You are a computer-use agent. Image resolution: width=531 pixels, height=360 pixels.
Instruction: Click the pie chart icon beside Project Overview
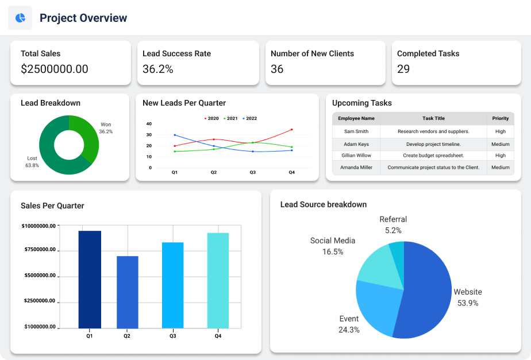(x=20, y=18)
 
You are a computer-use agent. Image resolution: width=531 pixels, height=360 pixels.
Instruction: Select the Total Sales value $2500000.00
(x=55, y=69)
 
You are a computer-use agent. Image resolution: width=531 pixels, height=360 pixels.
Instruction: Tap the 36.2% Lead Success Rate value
(x=158, y=69)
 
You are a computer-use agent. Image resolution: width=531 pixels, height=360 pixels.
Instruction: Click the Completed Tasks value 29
(x=403, y=69)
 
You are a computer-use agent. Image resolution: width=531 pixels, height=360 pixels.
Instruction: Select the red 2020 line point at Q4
(x=292, y=129)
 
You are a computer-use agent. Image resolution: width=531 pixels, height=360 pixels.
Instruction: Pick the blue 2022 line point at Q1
(x=175, y=135)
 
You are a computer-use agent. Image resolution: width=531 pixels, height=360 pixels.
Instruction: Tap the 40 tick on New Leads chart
(x=149, y=123)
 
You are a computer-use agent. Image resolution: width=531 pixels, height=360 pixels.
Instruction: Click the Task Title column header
(x=433, y=118)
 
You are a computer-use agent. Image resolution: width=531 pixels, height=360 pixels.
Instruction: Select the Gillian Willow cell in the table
(x=356, y=156)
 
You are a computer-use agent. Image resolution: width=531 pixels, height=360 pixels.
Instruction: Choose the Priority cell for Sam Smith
(x=500, y=131)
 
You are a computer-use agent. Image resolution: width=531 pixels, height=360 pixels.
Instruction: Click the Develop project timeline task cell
(x=433, y=144)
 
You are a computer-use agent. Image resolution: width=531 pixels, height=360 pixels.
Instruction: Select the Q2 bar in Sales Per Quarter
(x=128, y=292)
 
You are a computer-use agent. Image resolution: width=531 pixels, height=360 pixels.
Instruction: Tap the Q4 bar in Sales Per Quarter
(x=218, y=280)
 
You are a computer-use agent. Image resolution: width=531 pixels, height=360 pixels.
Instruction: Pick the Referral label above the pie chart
(x=393, y=219)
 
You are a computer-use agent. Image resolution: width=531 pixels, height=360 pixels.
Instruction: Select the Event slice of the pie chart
(x=376, y=307)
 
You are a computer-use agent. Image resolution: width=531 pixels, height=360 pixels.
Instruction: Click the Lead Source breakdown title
(x=324, y=204)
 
